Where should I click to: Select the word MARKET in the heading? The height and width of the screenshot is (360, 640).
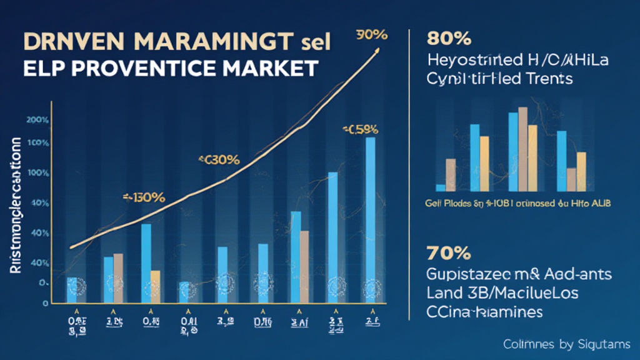273,67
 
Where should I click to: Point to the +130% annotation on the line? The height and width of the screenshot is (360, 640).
144,197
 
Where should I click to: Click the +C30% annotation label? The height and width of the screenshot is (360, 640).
219,159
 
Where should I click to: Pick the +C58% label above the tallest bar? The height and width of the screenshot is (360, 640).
361,130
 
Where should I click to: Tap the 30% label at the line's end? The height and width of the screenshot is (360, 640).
368,35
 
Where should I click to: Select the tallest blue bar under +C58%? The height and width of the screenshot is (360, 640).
370,219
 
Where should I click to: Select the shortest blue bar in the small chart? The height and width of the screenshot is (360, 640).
441,187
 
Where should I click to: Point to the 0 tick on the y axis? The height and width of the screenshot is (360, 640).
45,303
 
